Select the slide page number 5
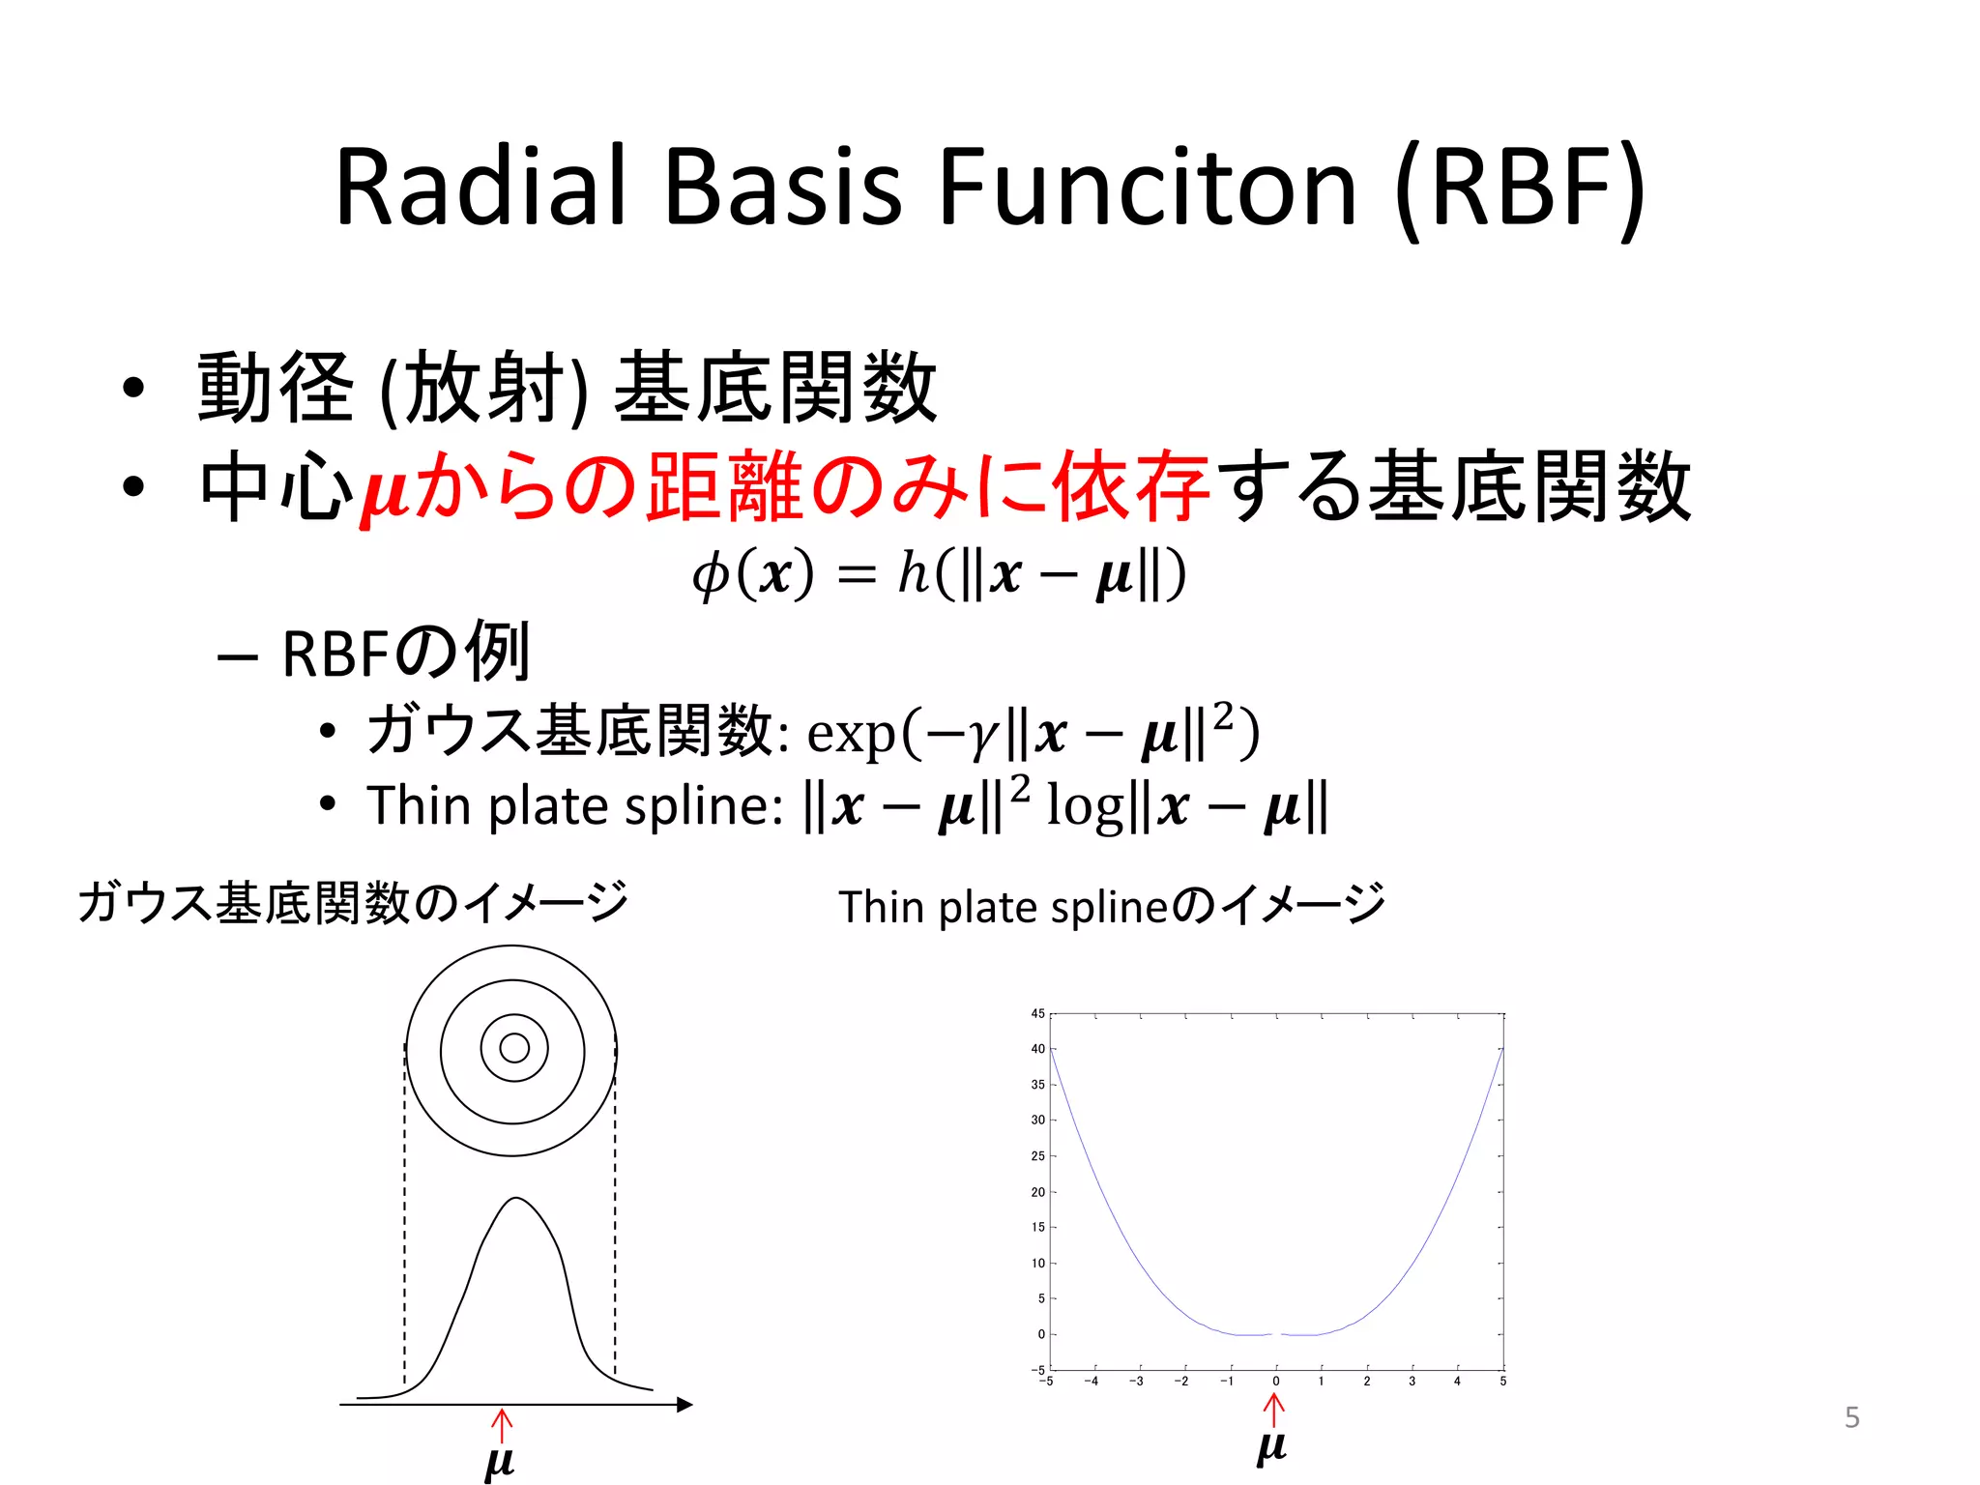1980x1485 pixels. tap(1851, 1417)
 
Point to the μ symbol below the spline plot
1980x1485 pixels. tap(1271, 1447)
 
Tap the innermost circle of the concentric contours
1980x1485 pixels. tap(514, 1048)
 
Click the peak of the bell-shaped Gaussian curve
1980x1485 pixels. tap(516, 1199)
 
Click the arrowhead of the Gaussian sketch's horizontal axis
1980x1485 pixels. tap(684, 1404)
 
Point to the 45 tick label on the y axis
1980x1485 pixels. tap(1037, 1013)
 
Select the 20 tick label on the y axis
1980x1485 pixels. tap(1037, 1192)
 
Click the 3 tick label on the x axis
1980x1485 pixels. tap(1412, 1382)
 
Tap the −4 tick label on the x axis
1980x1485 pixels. tap(1091, 1382)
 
